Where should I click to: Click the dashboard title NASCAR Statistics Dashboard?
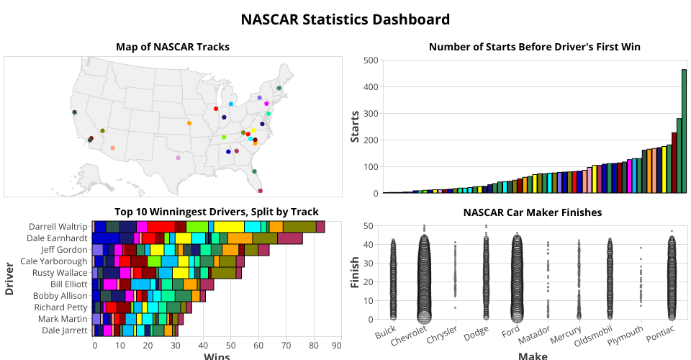(x=345, y=19)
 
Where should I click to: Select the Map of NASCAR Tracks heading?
(x=173, y=47)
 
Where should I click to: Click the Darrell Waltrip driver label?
(x=57, y=226)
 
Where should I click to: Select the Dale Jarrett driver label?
(x=63, y=330)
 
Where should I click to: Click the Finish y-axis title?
(x=355, y=272)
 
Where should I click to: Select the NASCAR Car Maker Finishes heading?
(x=533, y=212)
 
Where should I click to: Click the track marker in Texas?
(x=179, y=158)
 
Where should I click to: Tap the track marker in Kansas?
(x=189, y=123)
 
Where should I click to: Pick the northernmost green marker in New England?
(x=279, y=88)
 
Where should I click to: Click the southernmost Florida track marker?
(x=260, y=191)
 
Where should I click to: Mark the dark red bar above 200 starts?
(x=674, y=163)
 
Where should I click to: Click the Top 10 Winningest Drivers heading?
(x=216, y=212)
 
